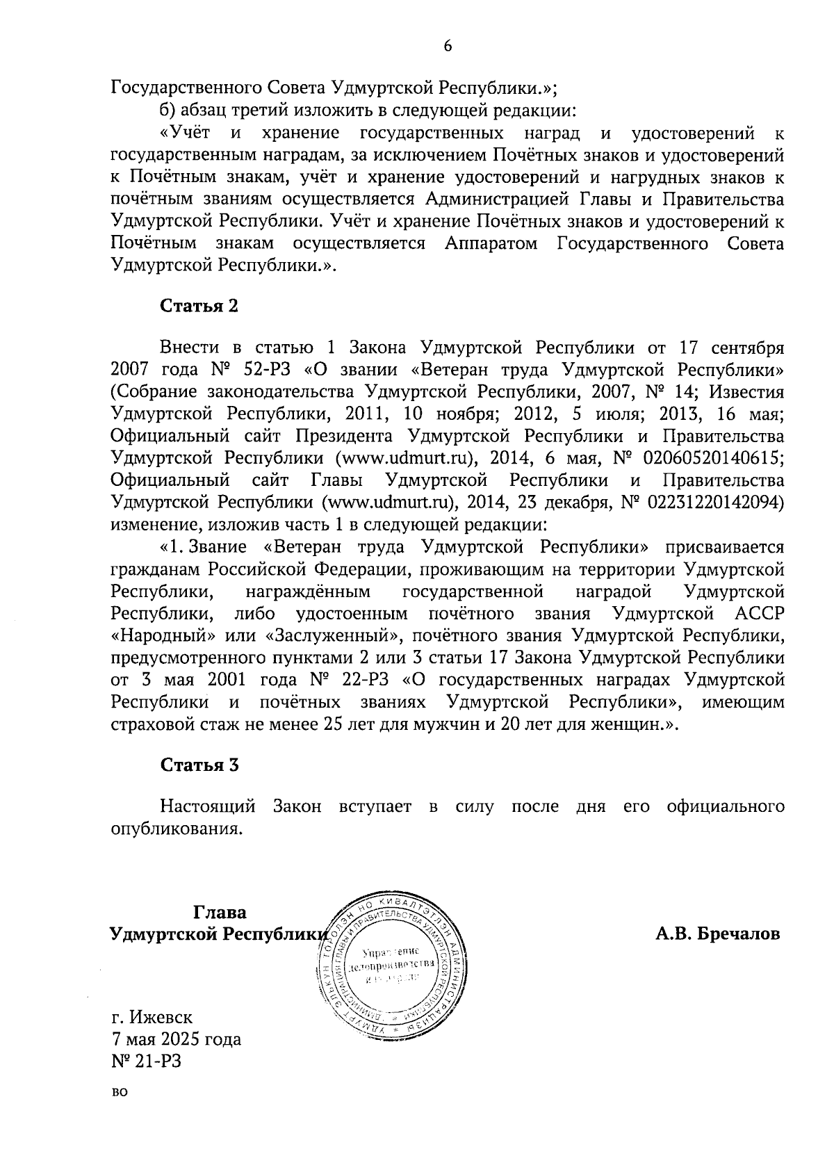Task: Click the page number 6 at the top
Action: point(447,46)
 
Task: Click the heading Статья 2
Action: point(199,307)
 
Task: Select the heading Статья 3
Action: point(199,765)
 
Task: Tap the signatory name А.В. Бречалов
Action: point(718,934)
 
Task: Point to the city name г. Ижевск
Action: point(152,1018)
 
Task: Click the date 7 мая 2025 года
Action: point(177,1040)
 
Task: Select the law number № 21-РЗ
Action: point(146,1061)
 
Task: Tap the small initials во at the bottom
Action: point(120,1093)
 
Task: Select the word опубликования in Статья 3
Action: point(177,829)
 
